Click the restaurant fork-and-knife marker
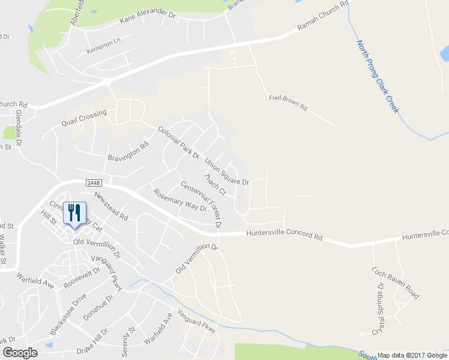point(74,212)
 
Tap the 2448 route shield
point(93,182)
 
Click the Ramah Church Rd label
point(323,17)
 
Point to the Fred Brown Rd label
point(288,103)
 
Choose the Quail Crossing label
point(83,117)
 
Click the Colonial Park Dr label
point(178,142)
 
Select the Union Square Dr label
point(226,172)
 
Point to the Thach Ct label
point(214,185)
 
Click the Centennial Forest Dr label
point(200,205)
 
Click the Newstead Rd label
point(110,206)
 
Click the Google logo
point(20,353)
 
